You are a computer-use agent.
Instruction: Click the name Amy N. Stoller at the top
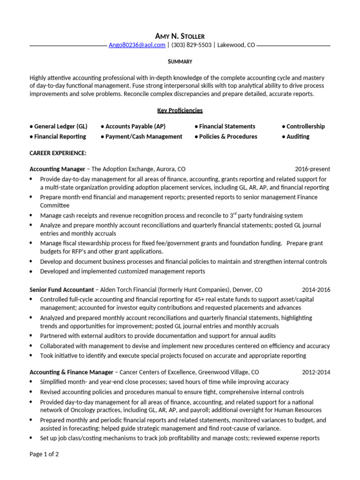point(180,36)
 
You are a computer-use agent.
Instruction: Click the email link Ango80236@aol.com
point(137,45)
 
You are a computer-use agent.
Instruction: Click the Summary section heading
point(180,61)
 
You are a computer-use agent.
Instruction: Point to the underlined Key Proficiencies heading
point(180,110)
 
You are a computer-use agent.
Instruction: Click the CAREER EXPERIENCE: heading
point(58,153)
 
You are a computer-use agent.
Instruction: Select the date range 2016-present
point(312,169)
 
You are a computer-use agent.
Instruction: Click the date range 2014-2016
point(316,290)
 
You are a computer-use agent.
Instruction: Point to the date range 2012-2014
point(316,372)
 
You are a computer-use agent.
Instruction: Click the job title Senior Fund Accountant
point(61,290)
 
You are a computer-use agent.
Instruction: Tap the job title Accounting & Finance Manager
point(71,372)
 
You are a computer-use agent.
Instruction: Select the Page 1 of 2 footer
point(44,454)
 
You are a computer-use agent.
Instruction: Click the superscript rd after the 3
point(235,214)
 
